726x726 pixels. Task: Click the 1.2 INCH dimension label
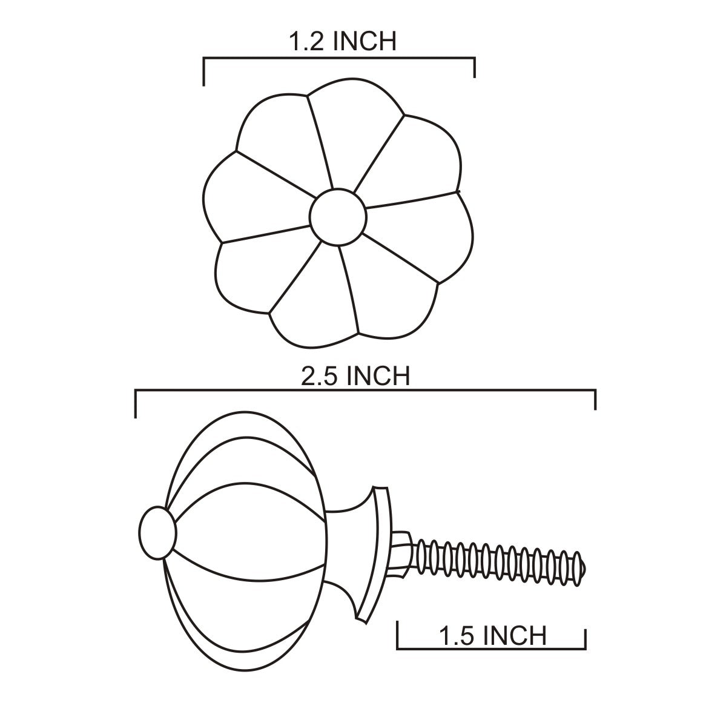pos(343,42)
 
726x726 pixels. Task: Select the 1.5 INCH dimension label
pos(493,636)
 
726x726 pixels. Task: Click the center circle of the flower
pos(337,217)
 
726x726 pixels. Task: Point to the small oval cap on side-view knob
pos(157,532)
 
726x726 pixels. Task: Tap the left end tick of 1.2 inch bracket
pos(203,72)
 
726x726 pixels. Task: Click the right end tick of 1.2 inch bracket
pos(474,68)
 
